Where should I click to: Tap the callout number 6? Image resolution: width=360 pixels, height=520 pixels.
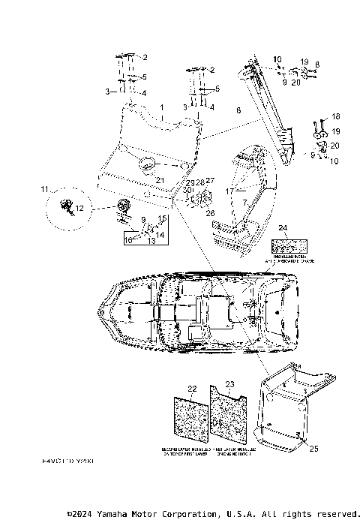point(238,110)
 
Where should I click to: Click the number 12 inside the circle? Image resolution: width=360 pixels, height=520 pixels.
point(79,206)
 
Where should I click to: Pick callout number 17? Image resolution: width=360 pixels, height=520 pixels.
point(228,192)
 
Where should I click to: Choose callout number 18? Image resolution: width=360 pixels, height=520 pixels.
point(335,117)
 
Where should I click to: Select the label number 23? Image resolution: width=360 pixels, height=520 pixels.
point(230,384)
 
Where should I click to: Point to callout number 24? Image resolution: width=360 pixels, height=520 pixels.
point(282,227)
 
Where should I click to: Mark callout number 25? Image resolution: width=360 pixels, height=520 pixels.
point(313,448)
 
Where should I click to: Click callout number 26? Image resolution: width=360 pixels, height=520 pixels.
point(210,212)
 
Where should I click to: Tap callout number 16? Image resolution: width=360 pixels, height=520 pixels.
point(127,239)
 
